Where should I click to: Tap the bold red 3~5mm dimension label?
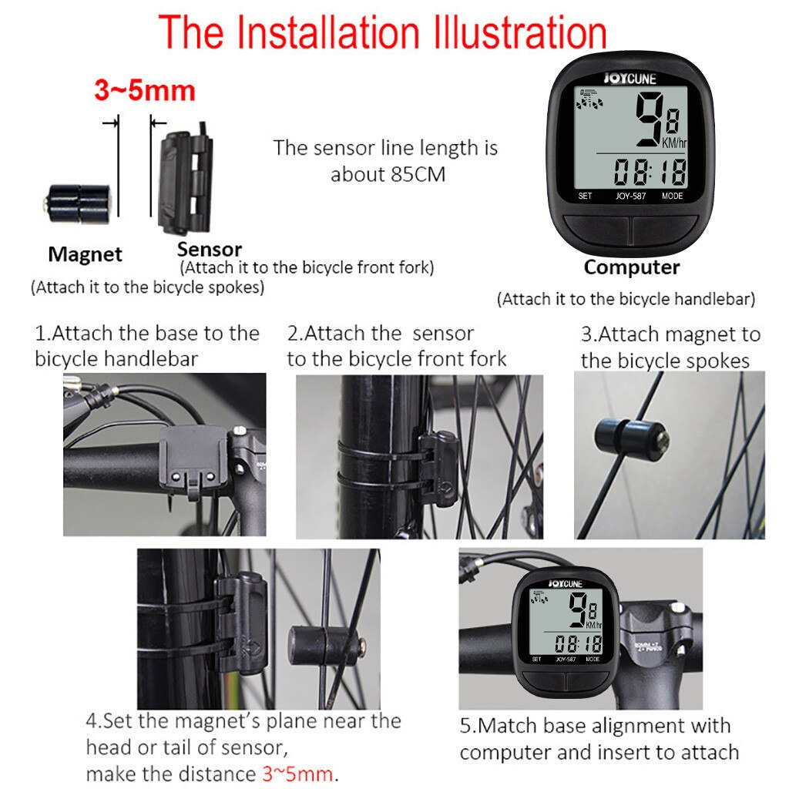(x=145, y=90)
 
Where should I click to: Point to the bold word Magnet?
(x=85, y=253)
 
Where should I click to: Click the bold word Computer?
(x=631, y=267)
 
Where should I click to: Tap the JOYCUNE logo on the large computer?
(x=630, y=78)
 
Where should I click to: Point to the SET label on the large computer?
(x=585, y=196)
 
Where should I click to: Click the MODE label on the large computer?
(x=672, y=196)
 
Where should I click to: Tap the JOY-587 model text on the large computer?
(x=630, y=196)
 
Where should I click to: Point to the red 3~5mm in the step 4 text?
(x=297, y=773)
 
